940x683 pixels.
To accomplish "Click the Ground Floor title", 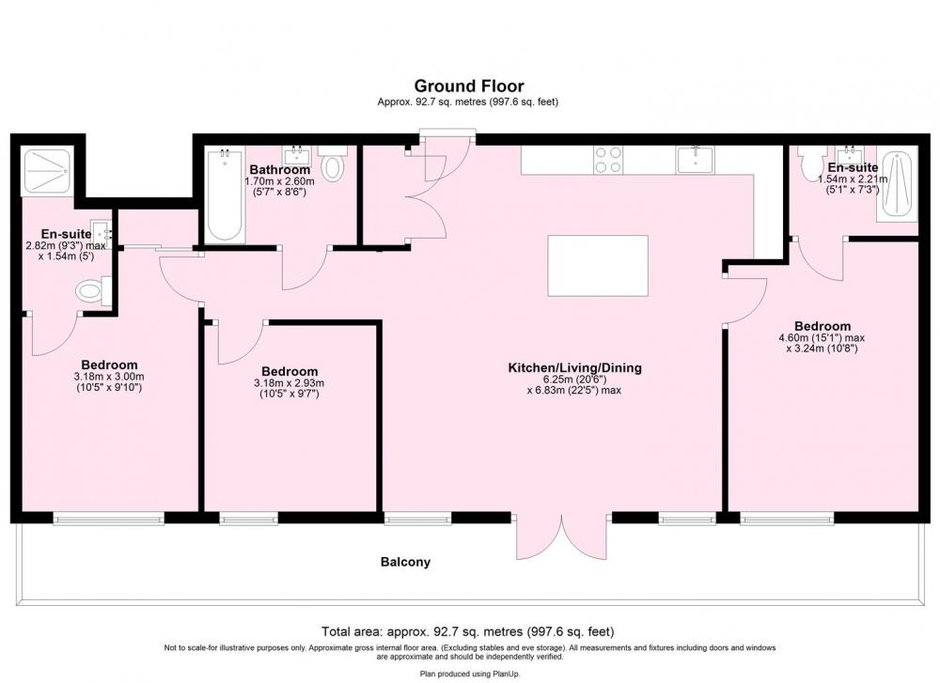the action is [469, 86].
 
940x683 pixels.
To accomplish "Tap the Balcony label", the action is [405, 562].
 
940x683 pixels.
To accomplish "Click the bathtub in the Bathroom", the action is [225, 196].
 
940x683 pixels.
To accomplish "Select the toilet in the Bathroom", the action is [333, 163].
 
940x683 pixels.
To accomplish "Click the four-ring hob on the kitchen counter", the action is [608, 160].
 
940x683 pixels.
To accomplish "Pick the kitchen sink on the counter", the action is [695, 160].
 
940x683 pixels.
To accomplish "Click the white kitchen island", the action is [598, 266].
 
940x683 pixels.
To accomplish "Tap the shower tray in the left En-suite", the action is [47, 171].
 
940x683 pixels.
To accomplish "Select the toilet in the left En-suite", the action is [93, 291].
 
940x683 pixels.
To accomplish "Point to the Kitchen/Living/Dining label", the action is [575, 368].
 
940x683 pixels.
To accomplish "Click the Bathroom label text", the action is [280, 169].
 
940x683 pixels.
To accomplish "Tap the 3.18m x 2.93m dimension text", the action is [289, 383].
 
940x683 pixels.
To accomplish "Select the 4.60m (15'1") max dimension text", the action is [822, 338].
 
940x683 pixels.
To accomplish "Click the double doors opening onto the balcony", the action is [562, 536].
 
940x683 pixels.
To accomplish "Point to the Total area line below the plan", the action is [467, 631].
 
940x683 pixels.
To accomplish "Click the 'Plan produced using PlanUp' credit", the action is [470, 674].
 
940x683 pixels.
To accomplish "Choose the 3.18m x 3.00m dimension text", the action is [109, 377].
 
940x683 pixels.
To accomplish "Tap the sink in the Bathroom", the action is [297, 156].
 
